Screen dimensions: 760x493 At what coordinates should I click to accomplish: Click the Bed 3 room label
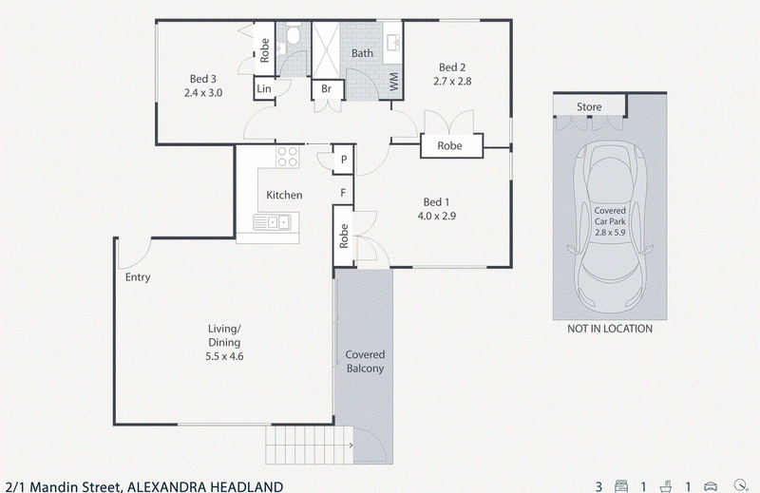tap(203, 79)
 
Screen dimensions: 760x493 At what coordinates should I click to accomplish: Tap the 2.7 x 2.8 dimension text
tap(452, 82)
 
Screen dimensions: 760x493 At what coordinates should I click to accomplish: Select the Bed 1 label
tap(436, 202)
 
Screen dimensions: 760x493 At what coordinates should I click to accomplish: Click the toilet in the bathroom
tap(293, 34)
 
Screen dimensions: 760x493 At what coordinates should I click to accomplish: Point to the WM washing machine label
tap(393, 82)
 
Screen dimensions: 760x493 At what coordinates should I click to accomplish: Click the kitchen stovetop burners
tap(287, 157)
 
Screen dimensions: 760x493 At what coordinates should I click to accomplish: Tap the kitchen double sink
tap(272, 222)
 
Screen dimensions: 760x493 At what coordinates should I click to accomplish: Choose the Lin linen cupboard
tap(264, 88)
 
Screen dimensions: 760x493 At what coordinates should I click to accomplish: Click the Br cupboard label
tap(326, 88)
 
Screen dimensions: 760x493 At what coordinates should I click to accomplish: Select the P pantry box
tap(344, 160)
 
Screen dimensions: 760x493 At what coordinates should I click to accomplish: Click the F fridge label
tap(343, 193)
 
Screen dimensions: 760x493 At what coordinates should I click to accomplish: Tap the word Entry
tap(138, 277)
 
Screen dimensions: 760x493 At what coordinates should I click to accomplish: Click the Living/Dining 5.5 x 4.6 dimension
tap(224, 356)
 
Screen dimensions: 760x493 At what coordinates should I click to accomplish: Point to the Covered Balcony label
tap(365, 362)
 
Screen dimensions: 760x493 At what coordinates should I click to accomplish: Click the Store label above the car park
tap(589, 106)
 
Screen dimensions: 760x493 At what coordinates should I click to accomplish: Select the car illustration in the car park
tap(610, 227)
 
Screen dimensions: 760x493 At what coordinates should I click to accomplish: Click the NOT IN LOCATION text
tap(610, 329)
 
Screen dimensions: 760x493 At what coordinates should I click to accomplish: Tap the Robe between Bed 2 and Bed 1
tap(449, 145)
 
